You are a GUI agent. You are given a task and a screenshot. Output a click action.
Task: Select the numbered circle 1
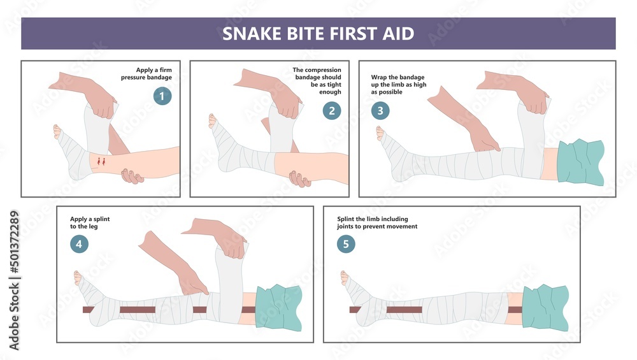coord(162,96)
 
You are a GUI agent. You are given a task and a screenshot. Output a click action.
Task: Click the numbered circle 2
coord(331,110)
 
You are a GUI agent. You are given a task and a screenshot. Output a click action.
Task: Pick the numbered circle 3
coord(380,110)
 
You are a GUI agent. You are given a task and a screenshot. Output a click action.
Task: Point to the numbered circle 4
coord(79,244)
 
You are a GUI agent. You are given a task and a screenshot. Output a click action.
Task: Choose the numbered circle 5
coord(346,244)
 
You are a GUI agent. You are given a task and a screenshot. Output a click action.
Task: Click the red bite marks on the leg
coord(101,161)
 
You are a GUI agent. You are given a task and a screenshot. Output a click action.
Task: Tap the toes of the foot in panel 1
coord(57,131)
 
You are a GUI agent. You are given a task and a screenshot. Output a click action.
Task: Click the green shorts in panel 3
coord(580,162)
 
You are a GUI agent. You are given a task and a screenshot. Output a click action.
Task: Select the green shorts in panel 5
coord(545,308)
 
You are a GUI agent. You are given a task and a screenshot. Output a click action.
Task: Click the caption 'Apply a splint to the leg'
coord(90,222)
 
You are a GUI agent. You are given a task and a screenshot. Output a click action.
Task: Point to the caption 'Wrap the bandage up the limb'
coord(399,85)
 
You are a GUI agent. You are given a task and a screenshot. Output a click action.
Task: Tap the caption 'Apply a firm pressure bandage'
coord(147,73)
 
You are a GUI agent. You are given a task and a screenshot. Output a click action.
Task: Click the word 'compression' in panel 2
coord(323,70)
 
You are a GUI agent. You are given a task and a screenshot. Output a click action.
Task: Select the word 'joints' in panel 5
coord(345,226)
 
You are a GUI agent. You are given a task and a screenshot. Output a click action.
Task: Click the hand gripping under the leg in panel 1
coord(132,176)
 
